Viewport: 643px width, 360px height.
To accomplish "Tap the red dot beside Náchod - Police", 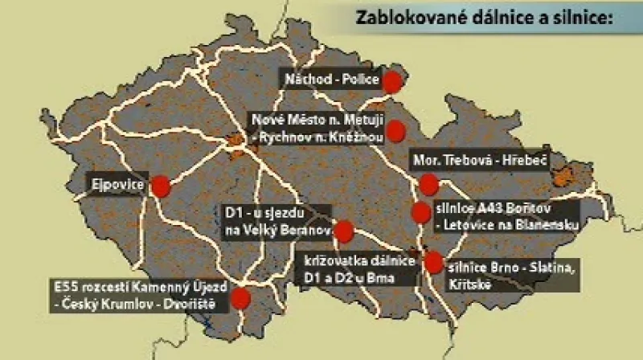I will [392, 80].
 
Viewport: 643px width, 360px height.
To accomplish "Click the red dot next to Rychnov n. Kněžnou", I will [395, 129].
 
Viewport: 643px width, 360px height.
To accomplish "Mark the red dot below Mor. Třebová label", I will [427, 186].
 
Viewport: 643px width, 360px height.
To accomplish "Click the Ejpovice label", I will [119, 186].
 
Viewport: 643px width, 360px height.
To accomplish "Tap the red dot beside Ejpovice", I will [161, 186].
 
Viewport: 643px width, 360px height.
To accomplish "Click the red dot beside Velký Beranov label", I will [344, 231].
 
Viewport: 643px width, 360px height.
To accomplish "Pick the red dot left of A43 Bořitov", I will [421, 213].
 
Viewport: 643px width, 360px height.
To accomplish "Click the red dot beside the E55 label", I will [240, 298].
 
